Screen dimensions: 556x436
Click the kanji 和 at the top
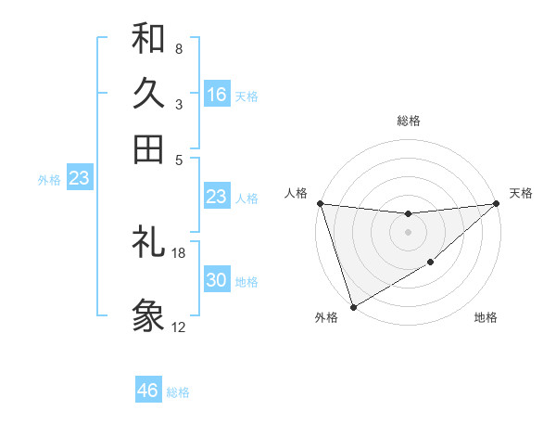pos(148,38)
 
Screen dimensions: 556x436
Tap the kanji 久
pos(148,94)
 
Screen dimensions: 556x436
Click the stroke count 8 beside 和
pos(178,48)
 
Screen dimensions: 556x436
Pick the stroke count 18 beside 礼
pos(179,252)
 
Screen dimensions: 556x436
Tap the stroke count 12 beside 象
pos(179,327)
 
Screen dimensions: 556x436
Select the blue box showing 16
pos(216,95)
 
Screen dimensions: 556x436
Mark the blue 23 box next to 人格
pos(216,197)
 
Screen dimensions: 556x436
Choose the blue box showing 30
pos(216,280)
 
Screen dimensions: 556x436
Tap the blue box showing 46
pos(148,391)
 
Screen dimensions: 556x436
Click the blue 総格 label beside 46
pos(178,392)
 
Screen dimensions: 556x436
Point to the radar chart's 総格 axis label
pos(408,121)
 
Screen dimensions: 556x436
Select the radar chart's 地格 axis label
pos(486,317)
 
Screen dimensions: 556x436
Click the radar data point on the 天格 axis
pos(497,203)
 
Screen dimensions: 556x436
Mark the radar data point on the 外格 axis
pos(353,307)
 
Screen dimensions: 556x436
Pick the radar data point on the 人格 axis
pos(320,203)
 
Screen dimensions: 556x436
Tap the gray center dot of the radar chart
pos(408,232)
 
